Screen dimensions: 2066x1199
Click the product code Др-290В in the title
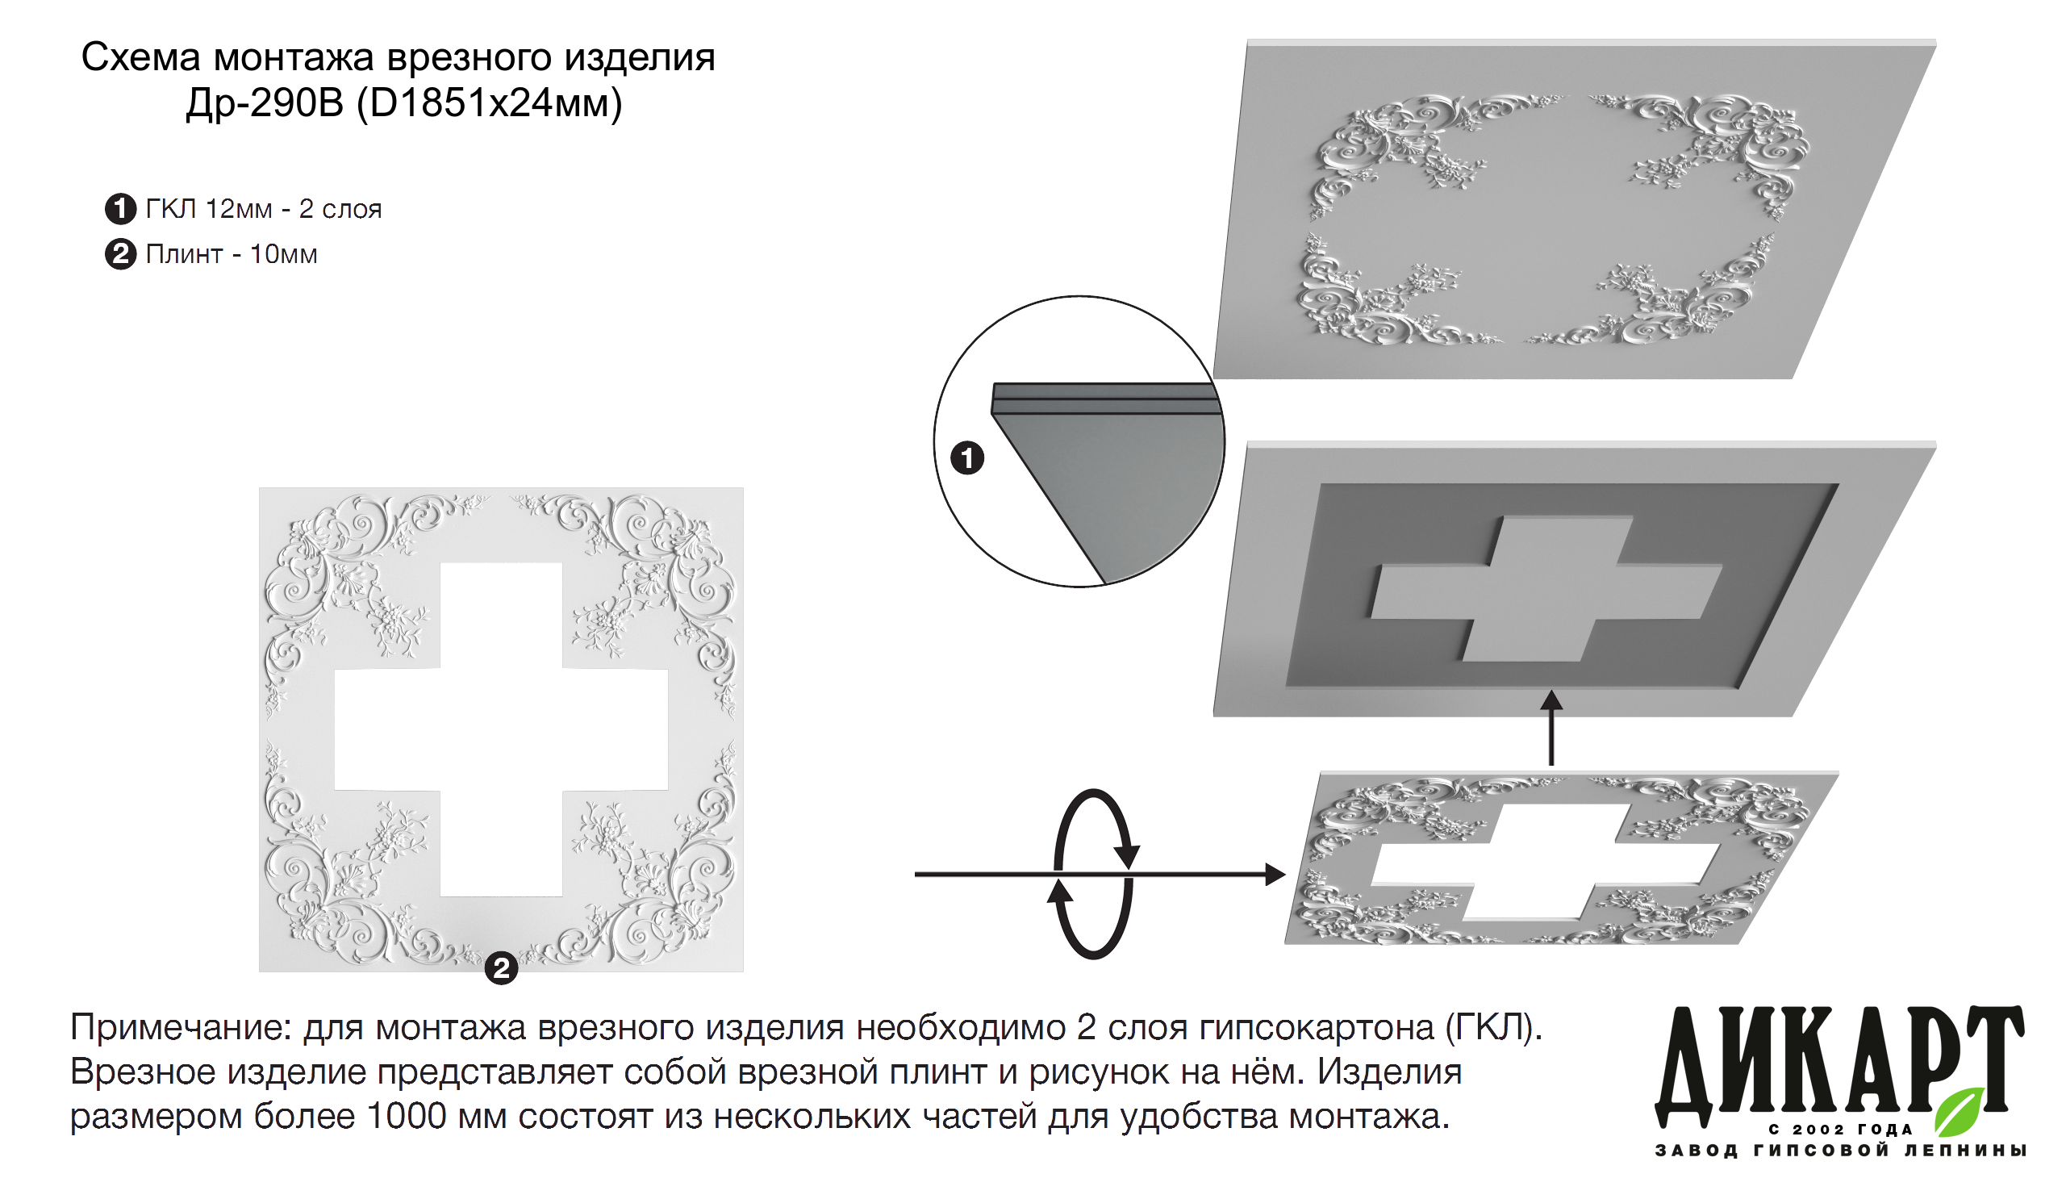tap(264, 103)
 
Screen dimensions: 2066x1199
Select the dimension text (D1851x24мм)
tap(490, 104)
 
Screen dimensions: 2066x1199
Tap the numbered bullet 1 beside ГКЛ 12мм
tap(120, 209)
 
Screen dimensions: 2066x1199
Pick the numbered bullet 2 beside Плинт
tap(120, 254)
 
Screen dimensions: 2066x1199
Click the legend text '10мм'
tap(284, 255)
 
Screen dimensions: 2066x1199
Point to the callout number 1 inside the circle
tap(967, 457)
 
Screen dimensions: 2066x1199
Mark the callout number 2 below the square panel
tap(501, 968)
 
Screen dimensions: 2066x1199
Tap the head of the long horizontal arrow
tap(1275, 874)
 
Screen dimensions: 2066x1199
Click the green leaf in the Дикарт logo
tap(1960, 1111)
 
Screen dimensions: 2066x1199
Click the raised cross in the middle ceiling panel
tap(1546, 589)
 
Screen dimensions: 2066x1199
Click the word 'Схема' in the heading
tap(141, 58)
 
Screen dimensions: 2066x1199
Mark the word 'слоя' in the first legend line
tap(352, 211)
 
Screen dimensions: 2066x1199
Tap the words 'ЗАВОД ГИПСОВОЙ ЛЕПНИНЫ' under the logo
tap(1841, 1151)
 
